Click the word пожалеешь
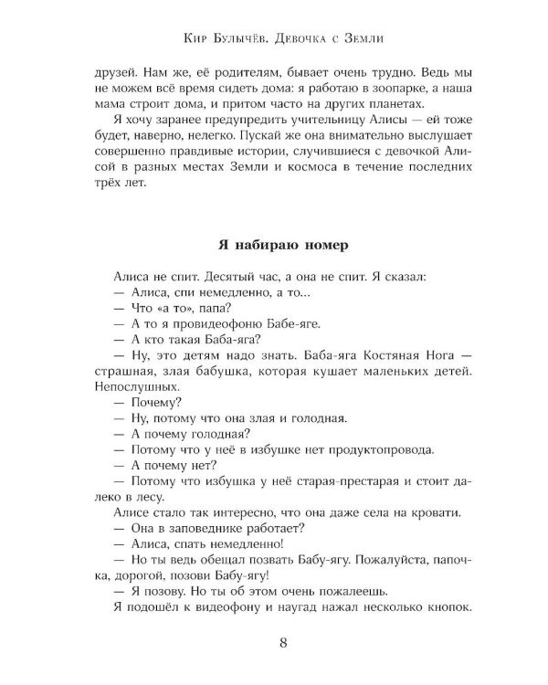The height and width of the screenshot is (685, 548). click(x=347, y=588)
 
